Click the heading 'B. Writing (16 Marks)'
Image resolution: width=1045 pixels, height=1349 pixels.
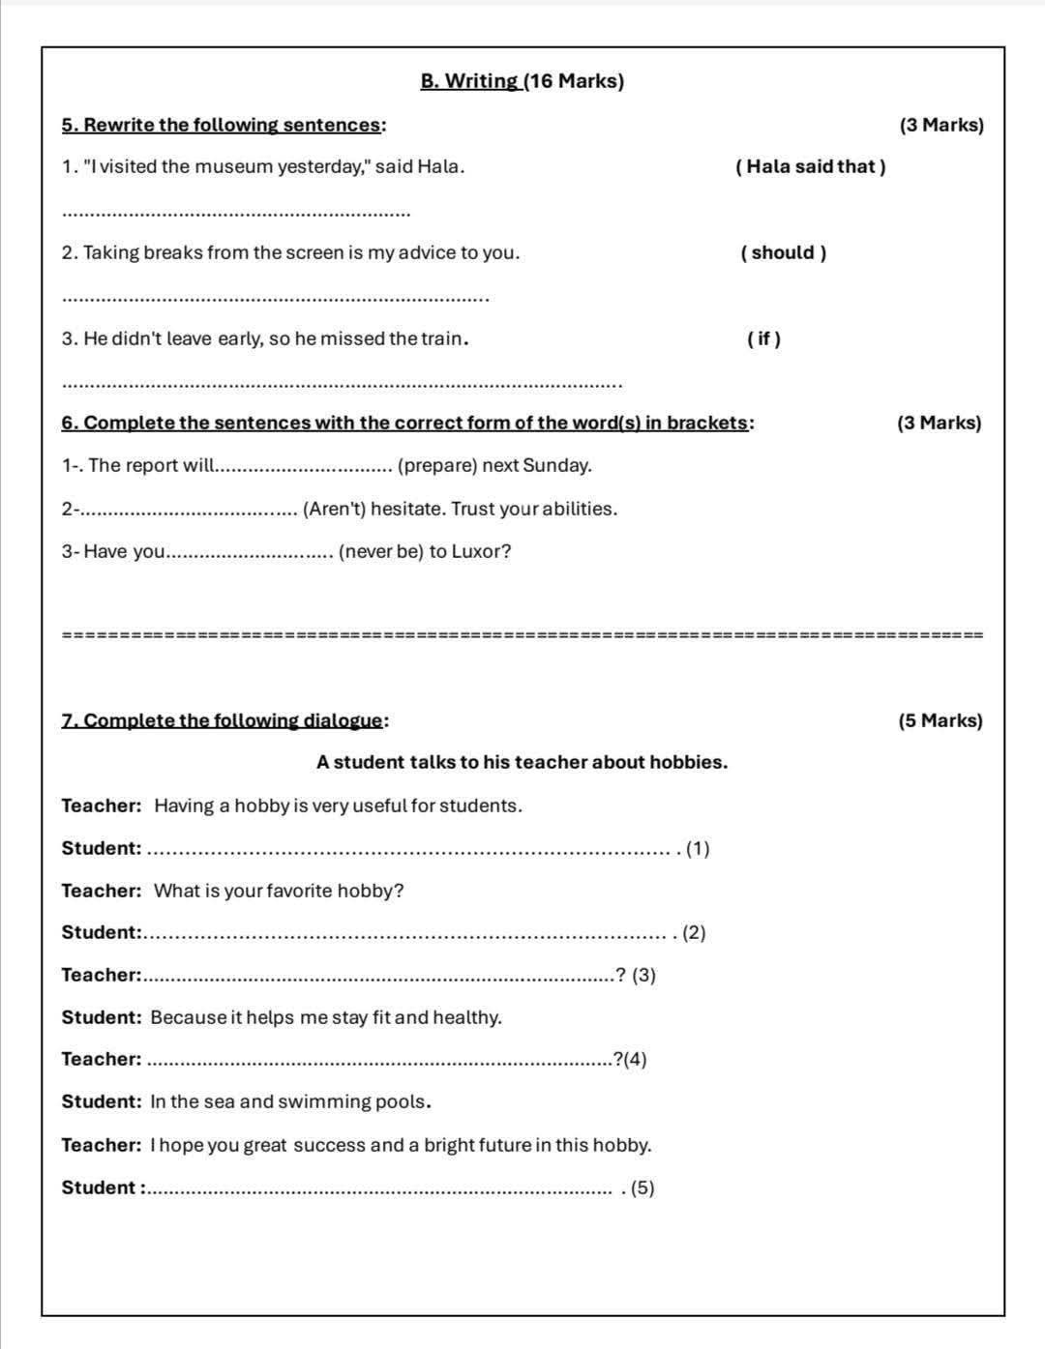(522, 81)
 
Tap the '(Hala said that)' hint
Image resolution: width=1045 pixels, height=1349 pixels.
(811, 166)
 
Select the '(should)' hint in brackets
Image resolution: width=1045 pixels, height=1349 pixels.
(783, 253)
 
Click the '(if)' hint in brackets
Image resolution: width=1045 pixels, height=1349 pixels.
(763, 338)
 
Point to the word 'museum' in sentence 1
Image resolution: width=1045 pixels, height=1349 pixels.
(233, 166)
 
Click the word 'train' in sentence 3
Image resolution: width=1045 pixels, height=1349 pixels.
(443, 338)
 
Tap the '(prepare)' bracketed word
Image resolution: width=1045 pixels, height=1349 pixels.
(437, 465)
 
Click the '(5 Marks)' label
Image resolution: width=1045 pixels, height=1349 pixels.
(940, 720)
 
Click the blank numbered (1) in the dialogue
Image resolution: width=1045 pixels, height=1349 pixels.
(411, 850)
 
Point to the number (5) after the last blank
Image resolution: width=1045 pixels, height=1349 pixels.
(642, 1188)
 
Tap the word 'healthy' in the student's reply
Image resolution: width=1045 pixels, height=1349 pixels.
(466, 1017)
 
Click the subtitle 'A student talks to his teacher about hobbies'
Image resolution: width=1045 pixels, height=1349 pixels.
(522, 762)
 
